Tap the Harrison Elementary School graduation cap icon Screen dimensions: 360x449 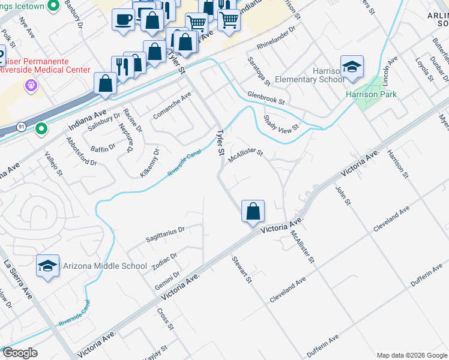(x=352, y=67)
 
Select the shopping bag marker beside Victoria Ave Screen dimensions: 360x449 (x=253, y=211)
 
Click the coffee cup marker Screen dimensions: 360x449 (x=123, y=19)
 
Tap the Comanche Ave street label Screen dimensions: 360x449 (x=172, y=104)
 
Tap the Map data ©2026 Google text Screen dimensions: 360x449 (x=411, y=355)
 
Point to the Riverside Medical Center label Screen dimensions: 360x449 (x=44, y=70)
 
